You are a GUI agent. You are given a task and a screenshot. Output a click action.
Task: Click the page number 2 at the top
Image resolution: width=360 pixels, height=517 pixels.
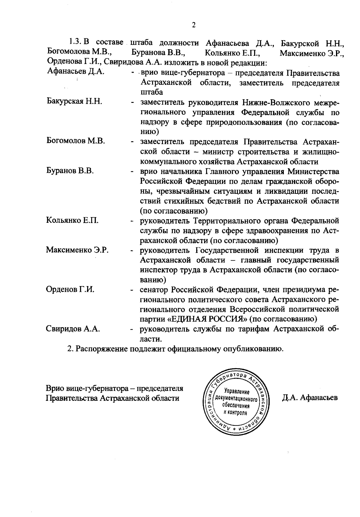[x=193, y=25]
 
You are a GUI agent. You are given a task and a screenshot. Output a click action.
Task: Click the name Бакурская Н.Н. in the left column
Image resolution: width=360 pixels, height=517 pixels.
[x=74, y=101]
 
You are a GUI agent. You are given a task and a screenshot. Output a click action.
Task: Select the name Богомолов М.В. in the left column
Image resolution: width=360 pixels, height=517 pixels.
[x=76, y=141]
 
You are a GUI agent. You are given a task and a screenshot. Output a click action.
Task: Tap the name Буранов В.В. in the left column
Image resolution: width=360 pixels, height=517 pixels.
[x=70, y=171]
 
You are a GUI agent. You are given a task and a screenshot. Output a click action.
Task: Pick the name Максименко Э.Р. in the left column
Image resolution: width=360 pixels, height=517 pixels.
[x=77, y=250]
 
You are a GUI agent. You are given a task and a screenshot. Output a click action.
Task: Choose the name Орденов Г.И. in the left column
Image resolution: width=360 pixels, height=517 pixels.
[x=70, y=289]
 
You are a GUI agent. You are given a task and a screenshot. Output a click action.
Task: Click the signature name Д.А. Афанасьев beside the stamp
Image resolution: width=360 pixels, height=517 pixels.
[x=310, y=398]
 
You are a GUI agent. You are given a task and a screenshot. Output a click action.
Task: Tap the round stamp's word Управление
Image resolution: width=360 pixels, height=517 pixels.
[x=237, y=392]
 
